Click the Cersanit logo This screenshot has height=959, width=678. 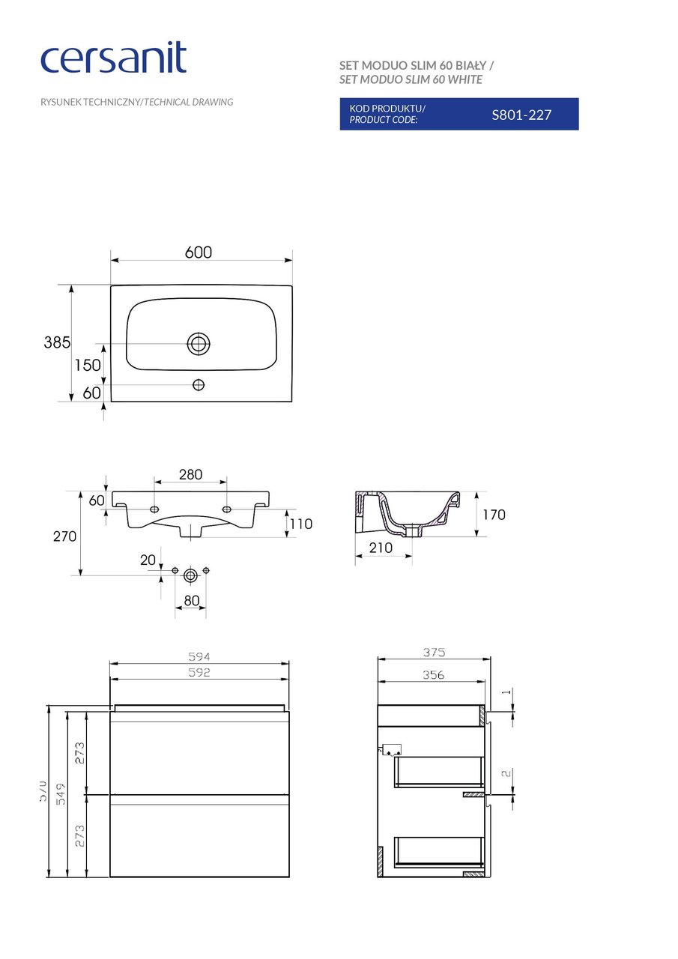(x=113, y=58)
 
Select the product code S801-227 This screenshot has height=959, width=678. (x=521, y=115)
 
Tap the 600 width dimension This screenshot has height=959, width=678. (x=199, y=252)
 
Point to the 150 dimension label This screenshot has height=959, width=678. (x=87, y=365)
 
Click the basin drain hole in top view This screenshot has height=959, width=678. (x=199, y=344)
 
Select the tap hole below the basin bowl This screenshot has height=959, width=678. (x=199, y=384)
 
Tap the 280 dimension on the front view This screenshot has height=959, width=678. (x=190, y=475)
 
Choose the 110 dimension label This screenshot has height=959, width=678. (x=300, y=524)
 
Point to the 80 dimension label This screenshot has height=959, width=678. (x=191, y=600)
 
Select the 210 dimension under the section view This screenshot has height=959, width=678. (x=381, y=548)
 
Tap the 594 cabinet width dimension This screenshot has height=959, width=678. (x=199, y=656)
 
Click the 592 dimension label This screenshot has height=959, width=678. (x=199, y=672)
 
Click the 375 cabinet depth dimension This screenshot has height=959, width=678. (x=433, y=653)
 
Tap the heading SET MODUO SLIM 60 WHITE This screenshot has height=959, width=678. (x=411, y=79)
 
